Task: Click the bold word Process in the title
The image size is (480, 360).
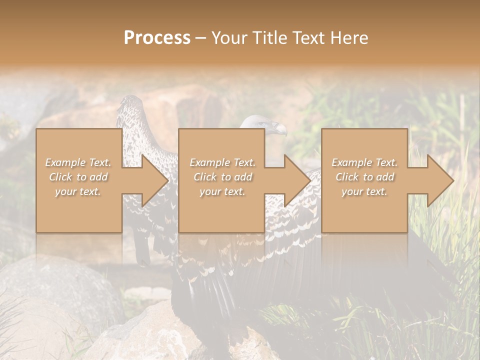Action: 157,38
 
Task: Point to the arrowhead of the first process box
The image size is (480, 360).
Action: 153,180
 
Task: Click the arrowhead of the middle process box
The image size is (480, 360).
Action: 296,180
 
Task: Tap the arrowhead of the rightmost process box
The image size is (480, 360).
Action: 439,180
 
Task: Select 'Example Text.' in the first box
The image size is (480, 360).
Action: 78,162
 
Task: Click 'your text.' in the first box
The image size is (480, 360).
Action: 78,191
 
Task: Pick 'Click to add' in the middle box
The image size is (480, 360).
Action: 222,177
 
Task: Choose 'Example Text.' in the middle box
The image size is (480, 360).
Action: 222,162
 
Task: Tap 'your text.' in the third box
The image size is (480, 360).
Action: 364,191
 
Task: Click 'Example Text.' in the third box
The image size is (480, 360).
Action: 364,162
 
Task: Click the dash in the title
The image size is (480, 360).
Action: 200,38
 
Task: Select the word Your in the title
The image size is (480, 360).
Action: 228,38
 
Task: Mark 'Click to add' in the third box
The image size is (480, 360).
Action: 364,177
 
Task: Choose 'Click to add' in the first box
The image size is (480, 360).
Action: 78,177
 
